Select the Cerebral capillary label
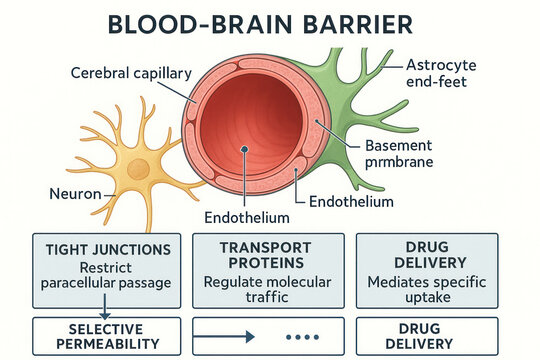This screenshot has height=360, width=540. [128, 72]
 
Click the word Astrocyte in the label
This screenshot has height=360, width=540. [442, 65]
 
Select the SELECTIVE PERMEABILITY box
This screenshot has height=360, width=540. [106, 336]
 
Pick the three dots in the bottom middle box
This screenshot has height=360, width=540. [301, 337]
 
